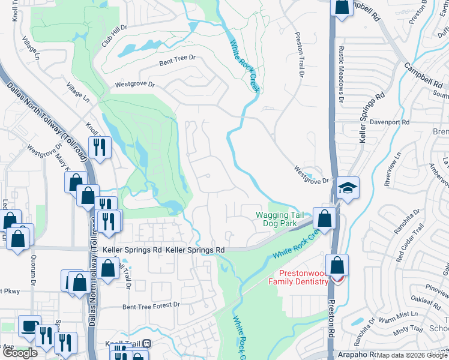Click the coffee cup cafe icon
pyautogui.click(x=29, y=326)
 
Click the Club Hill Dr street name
pyautogui.click(x=114, y=37)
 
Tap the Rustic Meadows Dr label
pyautogui.click(x=342, y=72)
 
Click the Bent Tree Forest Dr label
pyautogui.click(x=151, y=305)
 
